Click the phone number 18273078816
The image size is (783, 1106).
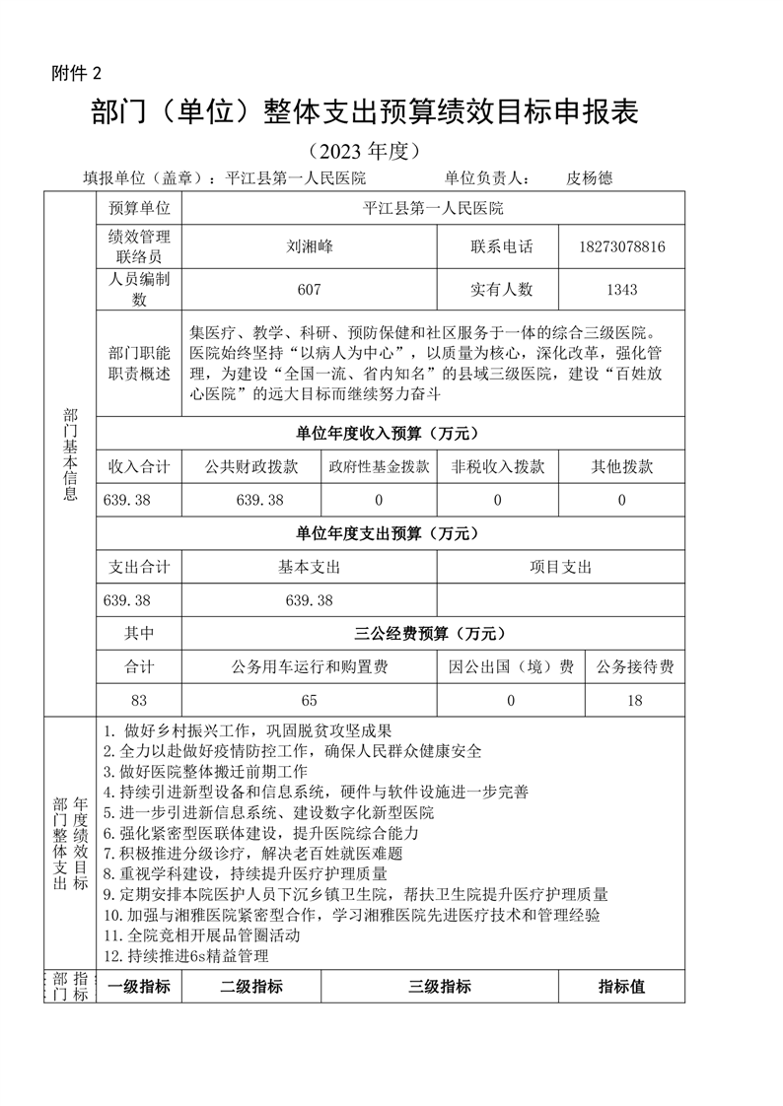click(x=622, y=246)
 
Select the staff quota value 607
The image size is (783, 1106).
click(x=309, y=290)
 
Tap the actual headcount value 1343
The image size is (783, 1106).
click(x=622, y=290)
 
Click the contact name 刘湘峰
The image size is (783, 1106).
click(x=309, y=246)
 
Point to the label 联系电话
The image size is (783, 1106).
click(x=501, y=246)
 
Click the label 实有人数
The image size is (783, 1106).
click(x=501, y=290)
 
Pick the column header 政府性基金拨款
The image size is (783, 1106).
click(x=379, y=467)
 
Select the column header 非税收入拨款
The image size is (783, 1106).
click(x=497, y=467)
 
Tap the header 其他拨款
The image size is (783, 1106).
click(x=621, y=467)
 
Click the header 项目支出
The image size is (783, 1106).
click(x=560, y=567)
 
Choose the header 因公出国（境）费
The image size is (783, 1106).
click(x=511, y=667)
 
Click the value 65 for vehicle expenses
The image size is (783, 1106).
click(x=309, y=701)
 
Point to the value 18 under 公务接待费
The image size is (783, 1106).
click(x=634, y=701)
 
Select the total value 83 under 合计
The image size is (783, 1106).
click(x=138, y=701)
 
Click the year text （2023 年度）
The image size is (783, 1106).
click(x=364, y=151)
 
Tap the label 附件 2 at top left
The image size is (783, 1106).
click(x=76, y=73)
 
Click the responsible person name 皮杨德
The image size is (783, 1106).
click(x=590, y=178)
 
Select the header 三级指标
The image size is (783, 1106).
click(x=439, y=986)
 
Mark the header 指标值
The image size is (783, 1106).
click(x=621, y=986)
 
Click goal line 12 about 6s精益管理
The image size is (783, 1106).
click(x=185, y=955)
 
